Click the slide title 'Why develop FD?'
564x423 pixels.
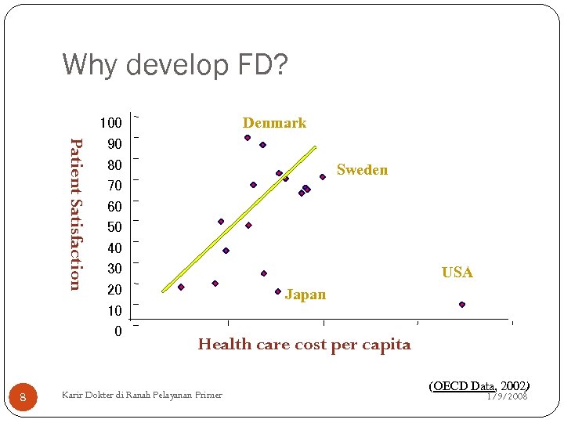coord(175,66)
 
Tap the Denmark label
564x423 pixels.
coord(274,123)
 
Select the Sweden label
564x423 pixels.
coord(362,170)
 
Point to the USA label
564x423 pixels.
coord(457,273)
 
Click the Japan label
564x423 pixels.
coord(305,295)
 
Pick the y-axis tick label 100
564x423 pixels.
coord(110,123)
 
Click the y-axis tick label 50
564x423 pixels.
coord(114,227)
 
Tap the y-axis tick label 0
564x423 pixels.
coord(117,331)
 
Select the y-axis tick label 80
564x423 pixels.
coord(114,165)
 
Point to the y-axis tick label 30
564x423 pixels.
coord(114,269)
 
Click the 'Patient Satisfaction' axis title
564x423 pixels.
coord(75,213)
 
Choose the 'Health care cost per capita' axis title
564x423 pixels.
coord(304,345)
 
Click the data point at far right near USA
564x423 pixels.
coord(462,305)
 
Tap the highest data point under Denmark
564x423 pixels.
coord(248,138)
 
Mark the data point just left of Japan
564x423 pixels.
coord(278,291)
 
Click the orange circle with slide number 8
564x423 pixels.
coord(23,398)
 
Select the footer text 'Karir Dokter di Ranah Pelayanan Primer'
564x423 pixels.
coord(142,395)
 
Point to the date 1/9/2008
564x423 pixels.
coord(508,396)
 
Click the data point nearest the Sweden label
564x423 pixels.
coord(323,177)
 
